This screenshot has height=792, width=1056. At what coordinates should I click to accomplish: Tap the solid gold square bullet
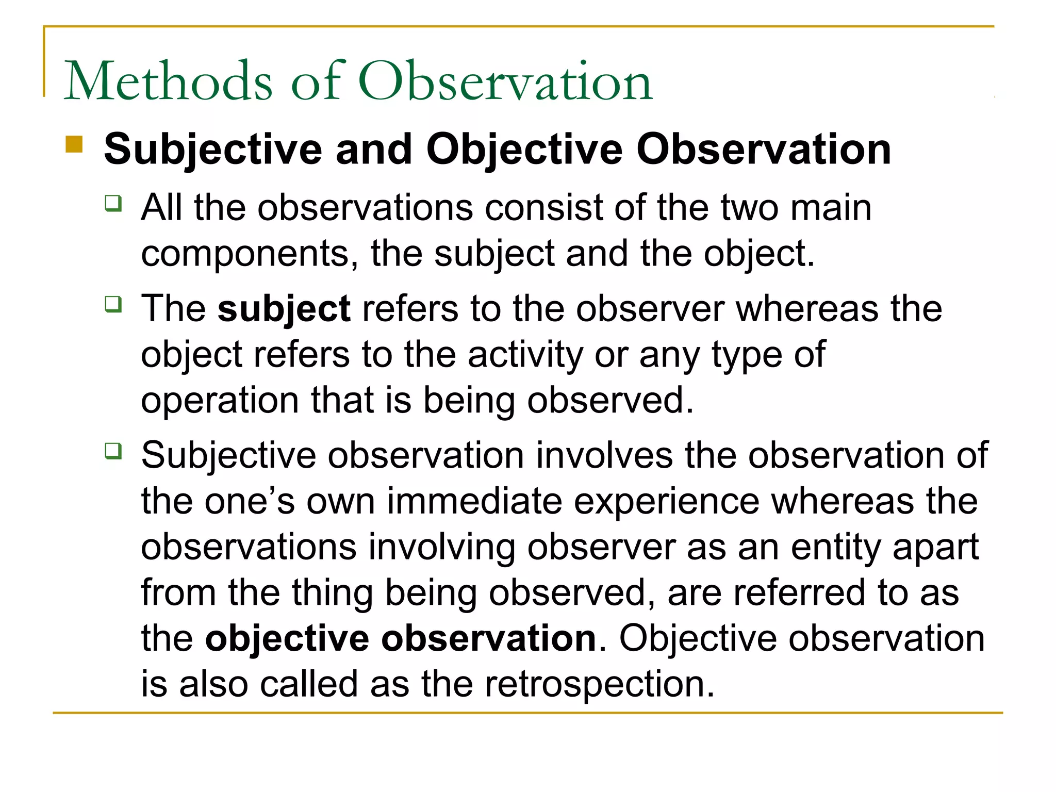click(x=74, y=144)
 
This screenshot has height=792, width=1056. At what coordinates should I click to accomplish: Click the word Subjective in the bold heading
click(x=213, y=150)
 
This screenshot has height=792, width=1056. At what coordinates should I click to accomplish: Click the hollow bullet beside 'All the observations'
click(x=113, y=203)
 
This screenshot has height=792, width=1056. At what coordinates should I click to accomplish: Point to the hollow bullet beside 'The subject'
click(x=113, y=304)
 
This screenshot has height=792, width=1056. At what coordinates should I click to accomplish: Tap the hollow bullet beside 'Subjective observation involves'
click(x=113, y=451)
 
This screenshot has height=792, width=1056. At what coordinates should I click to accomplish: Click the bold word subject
click(x=284, y=309)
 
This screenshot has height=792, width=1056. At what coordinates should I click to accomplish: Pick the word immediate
click(x=474, y=501)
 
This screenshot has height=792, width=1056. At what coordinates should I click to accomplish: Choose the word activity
click(x=525, y=355)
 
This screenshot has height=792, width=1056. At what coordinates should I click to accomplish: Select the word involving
click(x=442, y=547)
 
